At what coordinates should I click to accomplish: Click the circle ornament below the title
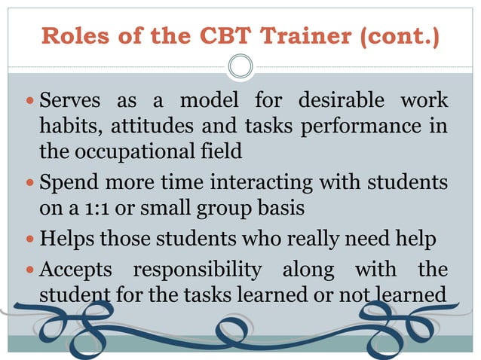240,66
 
